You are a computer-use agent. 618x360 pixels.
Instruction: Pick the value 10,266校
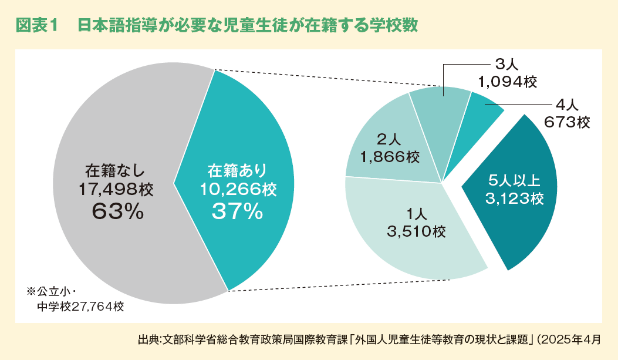click(x=238, y=190)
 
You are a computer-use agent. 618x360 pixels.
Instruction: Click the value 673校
click(x=566, y=123)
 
